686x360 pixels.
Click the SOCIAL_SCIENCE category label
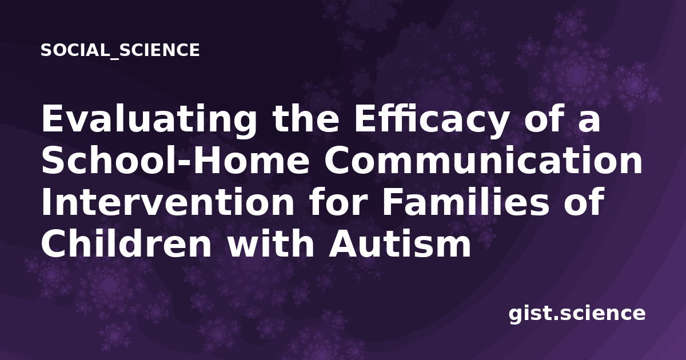tap(120, 50)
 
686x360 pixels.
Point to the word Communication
tap(483, 161)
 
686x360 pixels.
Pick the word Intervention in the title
tap(167, 202)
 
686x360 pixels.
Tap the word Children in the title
tap(126, 243)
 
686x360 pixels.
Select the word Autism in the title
tap(400, 243)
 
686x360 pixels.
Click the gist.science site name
tap(577, 314)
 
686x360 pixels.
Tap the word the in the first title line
tap(306, 119)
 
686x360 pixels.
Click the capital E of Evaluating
tap(52, 119)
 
